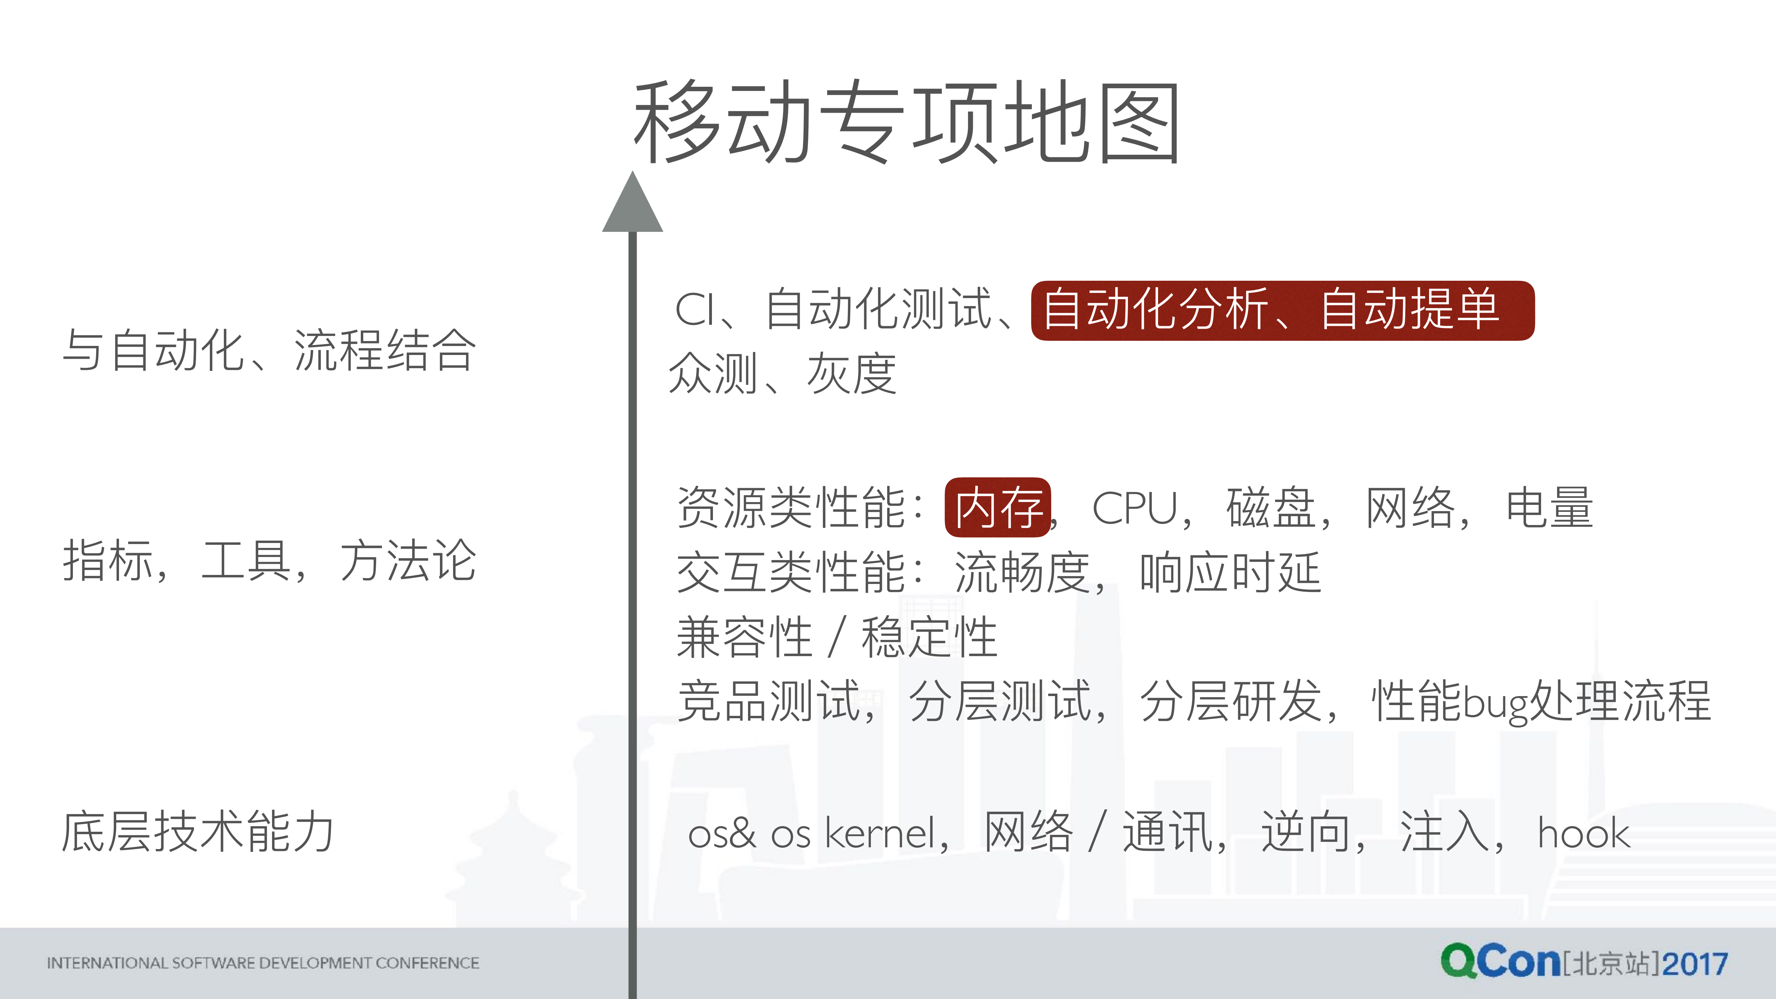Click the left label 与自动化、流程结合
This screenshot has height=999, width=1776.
(x=269, y=350)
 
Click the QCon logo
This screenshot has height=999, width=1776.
(x=1499, y=961)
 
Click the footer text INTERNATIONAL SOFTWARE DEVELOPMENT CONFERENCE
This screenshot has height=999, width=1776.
(x=263, y=963)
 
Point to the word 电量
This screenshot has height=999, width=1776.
(x=1549, y=508)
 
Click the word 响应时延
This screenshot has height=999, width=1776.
(x=1230, y=572)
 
